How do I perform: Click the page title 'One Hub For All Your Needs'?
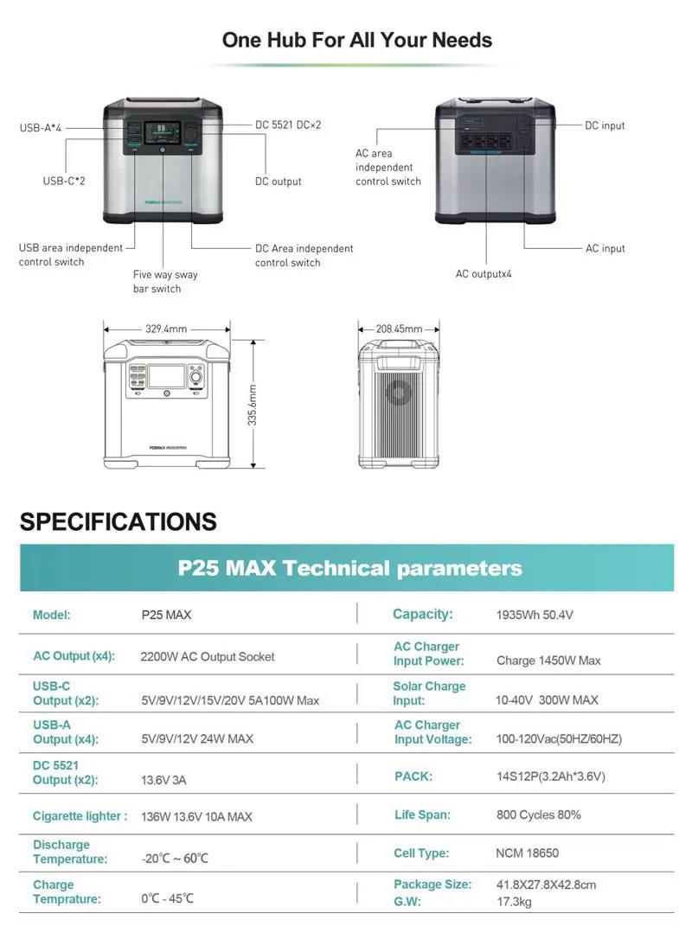pos(356,40)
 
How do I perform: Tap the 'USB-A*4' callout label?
pos(41,128)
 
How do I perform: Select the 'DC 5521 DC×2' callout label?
pos(288,125)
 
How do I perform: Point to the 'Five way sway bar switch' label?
pos(165,282)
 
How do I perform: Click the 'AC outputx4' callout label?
pos(484,274)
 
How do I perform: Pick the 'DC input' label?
pos(605,125)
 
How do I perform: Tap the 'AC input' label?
pos(605,248)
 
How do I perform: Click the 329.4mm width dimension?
pos(166,329)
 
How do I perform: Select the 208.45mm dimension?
pos(399,329)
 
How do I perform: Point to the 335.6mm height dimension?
pos(253,399)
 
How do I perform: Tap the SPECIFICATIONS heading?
pos(119,521)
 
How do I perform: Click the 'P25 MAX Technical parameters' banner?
pos(349,568)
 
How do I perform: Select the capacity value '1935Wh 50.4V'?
pos(535,616)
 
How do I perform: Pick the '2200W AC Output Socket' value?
pos(208,656)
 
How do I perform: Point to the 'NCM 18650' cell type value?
pos(527,853)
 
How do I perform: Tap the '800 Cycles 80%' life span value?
pos(538,814)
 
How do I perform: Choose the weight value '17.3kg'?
pos(514,901)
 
